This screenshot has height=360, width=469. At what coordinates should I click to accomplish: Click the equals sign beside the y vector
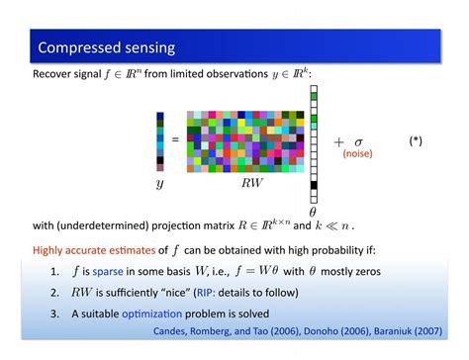175,140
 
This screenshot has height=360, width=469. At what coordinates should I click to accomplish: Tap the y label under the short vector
159,184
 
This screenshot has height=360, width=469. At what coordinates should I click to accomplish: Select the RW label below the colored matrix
252,184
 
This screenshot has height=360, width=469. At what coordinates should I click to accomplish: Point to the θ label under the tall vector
313,211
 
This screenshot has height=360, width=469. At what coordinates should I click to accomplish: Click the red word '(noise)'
357,153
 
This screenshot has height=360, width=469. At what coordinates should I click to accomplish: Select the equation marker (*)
416,141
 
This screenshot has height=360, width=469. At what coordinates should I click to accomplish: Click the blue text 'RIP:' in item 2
221,292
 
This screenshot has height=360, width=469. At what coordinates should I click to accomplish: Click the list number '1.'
55,271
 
